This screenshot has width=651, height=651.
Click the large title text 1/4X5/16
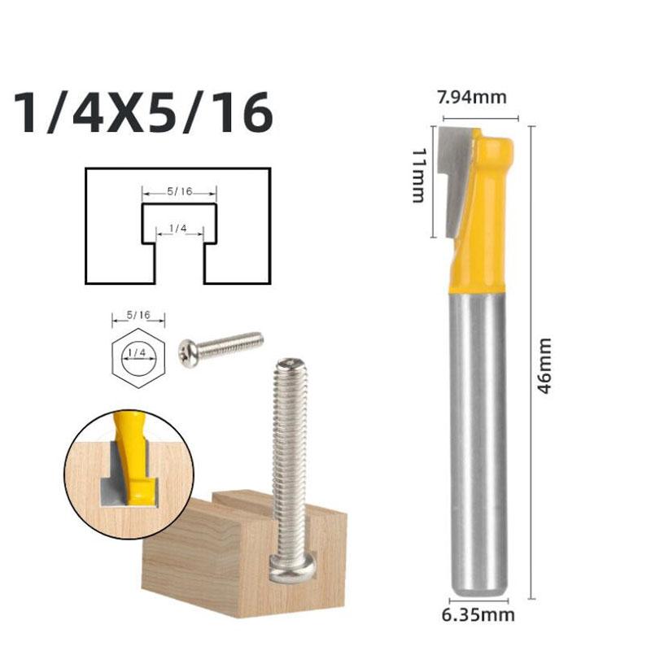144,114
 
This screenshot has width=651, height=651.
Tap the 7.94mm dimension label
472,98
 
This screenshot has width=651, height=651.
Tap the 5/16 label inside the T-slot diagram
180,192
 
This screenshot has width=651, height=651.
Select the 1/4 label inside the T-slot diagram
180,230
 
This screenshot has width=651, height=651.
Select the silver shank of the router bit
480,439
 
